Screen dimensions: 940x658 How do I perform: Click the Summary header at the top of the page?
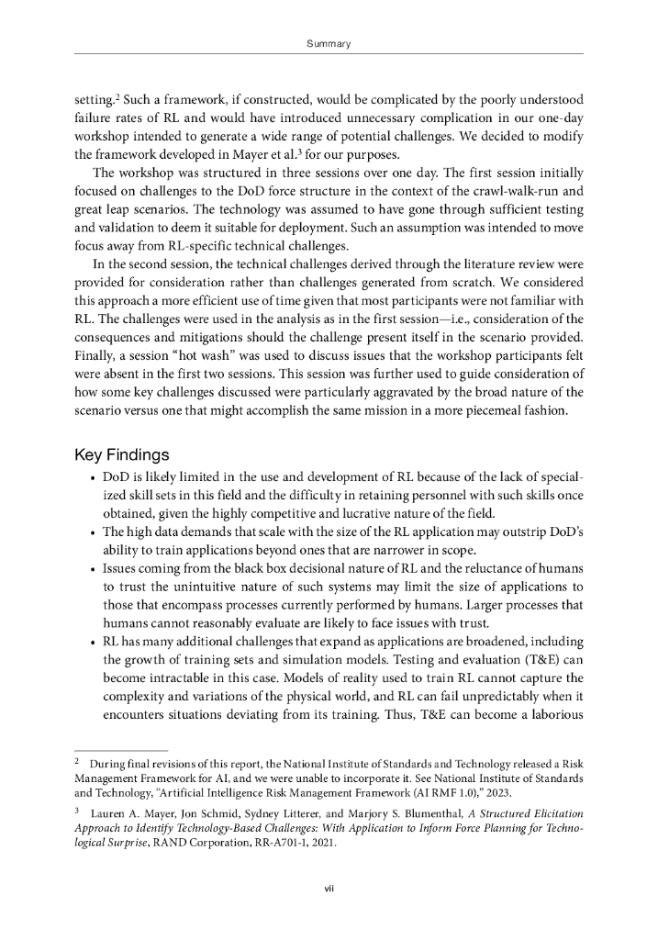[329, 43]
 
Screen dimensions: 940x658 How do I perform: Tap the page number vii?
[329, 888]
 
